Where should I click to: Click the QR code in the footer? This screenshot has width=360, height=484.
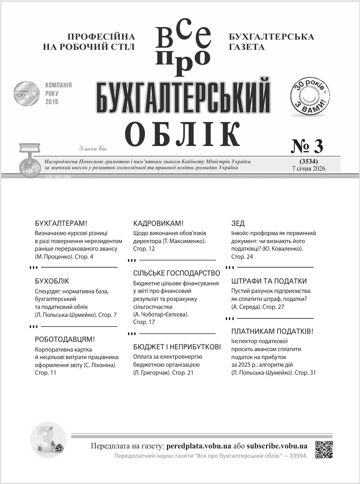324,449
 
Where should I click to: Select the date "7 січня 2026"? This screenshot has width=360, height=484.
308,168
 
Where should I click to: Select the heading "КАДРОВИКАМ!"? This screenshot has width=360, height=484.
159,224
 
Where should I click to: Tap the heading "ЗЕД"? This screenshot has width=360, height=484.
238,224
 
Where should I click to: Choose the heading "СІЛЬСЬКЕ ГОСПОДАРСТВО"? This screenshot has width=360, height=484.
177,273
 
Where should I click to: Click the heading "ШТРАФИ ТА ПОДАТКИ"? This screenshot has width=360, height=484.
269,281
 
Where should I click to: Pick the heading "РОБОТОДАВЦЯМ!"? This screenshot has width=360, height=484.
65,340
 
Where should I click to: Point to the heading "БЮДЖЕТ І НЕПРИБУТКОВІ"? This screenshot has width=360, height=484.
177,347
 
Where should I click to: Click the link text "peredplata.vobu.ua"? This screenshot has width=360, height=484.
199,446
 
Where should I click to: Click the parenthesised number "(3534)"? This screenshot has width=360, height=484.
308,161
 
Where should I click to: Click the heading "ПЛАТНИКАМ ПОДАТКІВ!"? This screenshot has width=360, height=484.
272,332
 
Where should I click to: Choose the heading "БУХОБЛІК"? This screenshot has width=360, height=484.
52,281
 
